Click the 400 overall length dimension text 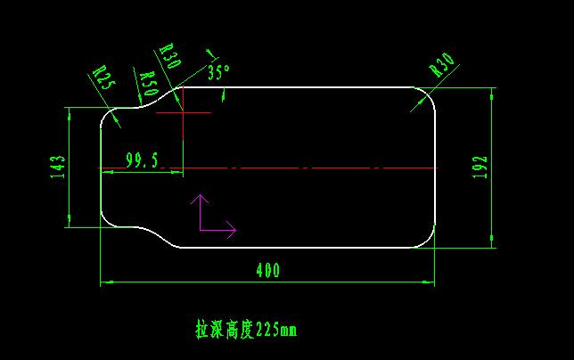point(268,270)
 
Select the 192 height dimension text point(480,168)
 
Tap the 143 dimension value point(57,167)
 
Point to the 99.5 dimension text point(142,160)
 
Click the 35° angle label point(218,72)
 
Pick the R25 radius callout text point(104,78)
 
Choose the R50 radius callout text point(150,84)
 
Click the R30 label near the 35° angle point(170,55)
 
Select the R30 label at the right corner point(442,65)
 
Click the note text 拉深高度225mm point(246,330)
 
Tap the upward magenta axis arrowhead point(200,199)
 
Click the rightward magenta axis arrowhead point(232,230)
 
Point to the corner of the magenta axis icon point(200,231)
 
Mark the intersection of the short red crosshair point(183,112)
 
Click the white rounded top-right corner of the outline point(429,94)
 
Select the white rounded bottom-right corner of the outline point(429,241)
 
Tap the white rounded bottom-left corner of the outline point(106,222)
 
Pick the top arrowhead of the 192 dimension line point(491,94)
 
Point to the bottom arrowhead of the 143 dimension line point(70,221)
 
